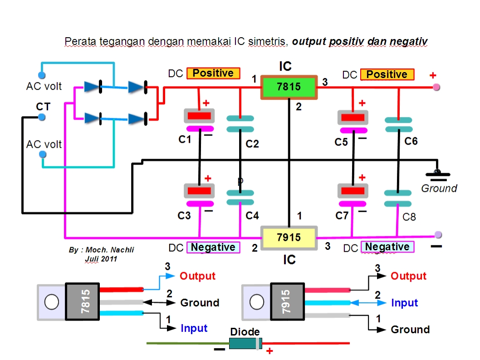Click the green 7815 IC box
289,86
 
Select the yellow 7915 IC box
289,237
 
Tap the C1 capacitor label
185,140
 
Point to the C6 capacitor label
411,141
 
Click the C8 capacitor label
409,217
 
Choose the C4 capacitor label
252,216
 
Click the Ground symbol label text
439,188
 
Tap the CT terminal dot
41,117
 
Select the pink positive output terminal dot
436,87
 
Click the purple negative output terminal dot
438,234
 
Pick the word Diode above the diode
245,332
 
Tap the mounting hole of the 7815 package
51,301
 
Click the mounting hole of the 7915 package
256,301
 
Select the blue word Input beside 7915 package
405,303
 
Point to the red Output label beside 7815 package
197,276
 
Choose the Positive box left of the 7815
213,73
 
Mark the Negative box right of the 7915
387,247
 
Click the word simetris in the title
267,42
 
